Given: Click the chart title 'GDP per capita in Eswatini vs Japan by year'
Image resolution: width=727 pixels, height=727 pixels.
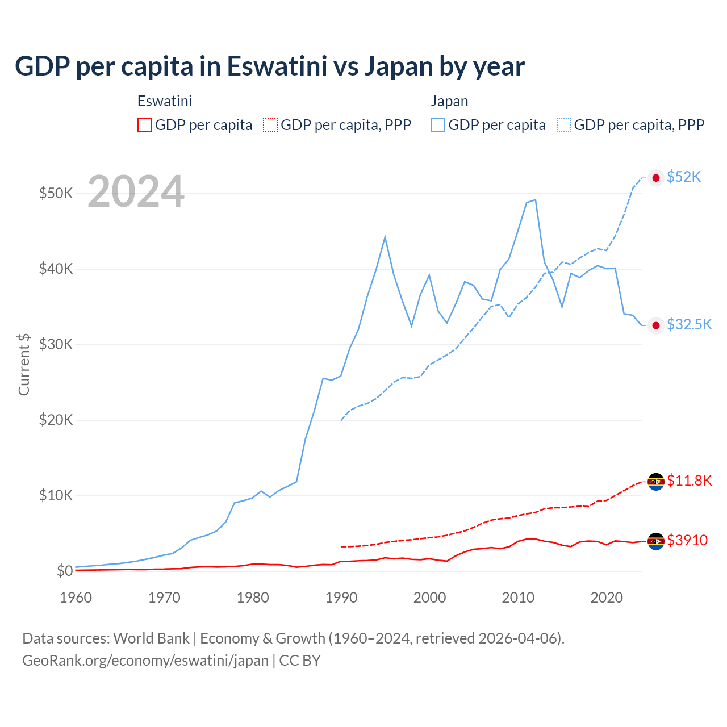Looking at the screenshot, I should pos(270,66).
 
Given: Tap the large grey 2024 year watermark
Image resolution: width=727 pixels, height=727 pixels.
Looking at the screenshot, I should pos(136,192).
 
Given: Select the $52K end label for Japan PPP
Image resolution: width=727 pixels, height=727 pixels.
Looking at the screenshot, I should pos(684,177).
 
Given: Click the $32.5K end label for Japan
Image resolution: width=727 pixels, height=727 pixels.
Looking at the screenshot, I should pos(689,324).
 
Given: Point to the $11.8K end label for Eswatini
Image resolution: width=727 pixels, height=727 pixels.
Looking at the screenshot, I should pos(689,481).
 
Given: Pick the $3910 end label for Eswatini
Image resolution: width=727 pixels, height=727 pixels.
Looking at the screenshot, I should pos(687,540).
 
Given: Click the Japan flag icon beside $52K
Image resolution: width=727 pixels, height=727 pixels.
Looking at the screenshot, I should pos(656,178).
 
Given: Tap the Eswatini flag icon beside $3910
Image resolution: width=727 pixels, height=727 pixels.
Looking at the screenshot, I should pos(656,541).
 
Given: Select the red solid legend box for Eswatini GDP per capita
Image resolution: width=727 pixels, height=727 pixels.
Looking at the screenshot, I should pos(145,125).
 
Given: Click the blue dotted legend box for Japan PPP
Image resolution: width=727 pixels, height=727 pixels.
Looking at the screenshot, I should pos(564,125).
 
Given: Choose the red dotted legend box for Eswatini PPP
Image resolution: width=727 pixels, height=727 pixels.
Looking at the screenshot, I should pos(270,125).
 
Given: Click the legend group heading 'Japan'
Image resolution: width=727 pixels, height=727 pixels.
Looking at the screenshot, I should pos(449,101).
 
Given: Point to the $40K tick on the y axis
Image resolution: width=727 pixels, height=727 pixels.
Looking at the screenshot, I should pos(56,269).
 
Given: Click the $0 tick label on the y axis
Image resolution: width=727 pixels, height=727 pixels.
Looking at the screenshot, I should pos(65,571).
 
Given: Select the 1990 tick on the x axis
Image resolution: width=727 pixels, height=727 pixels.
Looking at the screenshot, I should pos(341,598).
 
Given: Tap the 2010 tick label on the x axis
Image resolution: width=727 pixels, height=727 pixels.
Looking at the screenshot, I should pos(518,598).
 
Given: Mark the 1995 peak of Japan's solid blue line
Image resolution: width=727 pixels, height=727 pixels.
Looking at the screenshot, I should pos(385,237).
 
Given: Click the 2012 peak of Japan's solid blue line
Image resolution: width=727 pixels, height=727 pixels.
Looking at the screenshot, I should pos(535,200).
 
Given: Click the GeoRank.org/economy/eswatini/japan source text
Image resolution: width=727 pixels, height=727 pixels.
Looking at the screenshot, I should pos(145,661).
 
